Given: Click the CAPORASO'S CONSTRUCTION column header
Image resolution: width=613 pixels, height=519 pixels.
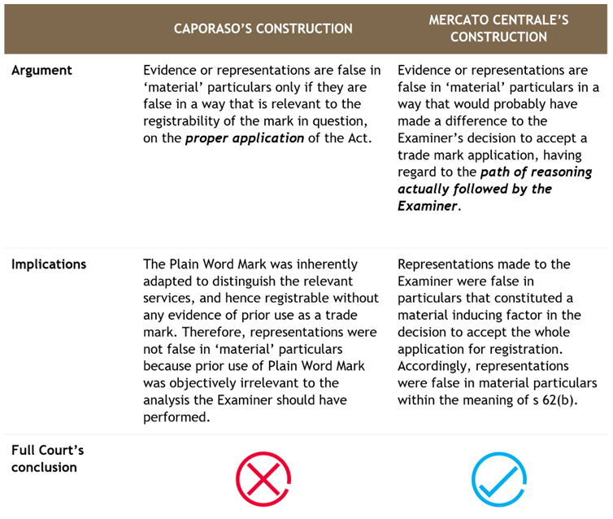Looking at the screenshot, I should (x=263, y=28).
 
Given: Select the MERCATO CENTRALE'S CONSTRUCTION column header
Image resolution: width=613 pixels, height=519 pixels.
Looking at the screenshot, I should (x=498, y=28).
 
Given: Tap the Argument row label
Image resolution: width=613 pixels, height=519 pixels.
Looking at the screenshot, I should (x=41, y=70).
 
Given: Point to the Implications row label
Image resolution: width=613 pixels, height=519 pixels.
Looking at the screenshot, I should (x=49, y=264).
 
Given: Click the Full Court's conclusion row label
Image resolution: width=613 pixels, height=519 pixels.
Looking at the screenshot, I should (x=47, y=459).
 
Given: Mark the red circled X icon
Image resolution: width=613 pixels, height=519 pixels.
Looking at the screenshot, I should (x=263, y=479).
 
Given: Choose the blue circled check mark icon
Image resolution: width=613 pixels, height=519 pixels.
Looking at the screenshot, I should (x=499, y=479).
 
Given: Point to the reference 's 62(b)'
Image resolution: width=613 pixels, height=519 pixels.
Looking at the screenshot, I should (x=551, y=400).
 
